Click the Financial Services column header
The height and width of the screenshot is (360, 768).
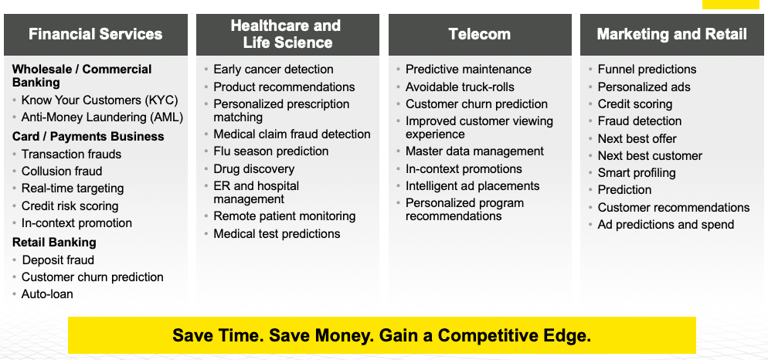(x=96, y=34)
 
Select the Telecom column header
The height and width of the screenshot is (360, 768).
(x=480, y=34)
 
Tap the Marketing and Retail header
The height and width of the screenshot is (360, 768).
(x=672, y=34)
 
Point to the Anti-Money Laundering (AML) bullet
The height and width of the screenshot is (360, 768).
(x=102, y=117)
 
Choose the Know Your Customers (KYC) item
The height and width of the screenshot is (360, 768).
(x=100, y=100)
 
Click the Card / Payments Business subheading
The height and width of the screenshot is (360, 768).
(x=88, y=136)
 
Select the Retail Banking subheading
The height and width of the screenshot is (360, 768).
(x=54, y=242)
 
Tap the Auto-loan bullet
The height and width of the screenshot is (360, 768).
(x=47, y=294)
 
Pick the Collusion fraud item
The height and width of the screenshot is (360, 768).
(x=62, y=171)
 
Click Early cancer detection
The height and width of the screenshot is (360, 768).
(x=274, y=70)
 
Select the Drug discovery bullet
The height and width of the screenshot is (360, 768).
(x=253, y=169)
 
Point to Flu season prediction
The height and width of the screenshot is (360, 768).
(x=271, y=151)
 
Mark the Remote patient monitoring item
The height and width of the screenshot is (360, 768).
(x=284, y=216)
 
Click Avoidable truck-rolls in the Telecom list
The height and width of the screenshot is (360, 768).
(x=460, y=87)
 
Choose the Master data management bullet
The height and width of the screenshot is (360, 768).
(x=474, y=151)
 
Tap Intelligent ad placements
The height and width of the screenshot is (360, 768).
(x=473, y=186)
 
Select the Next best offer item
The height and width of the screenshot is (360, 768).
(x=637, y=138)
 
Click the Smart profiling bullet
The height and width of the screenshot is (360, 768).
(x=637, y=173)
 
